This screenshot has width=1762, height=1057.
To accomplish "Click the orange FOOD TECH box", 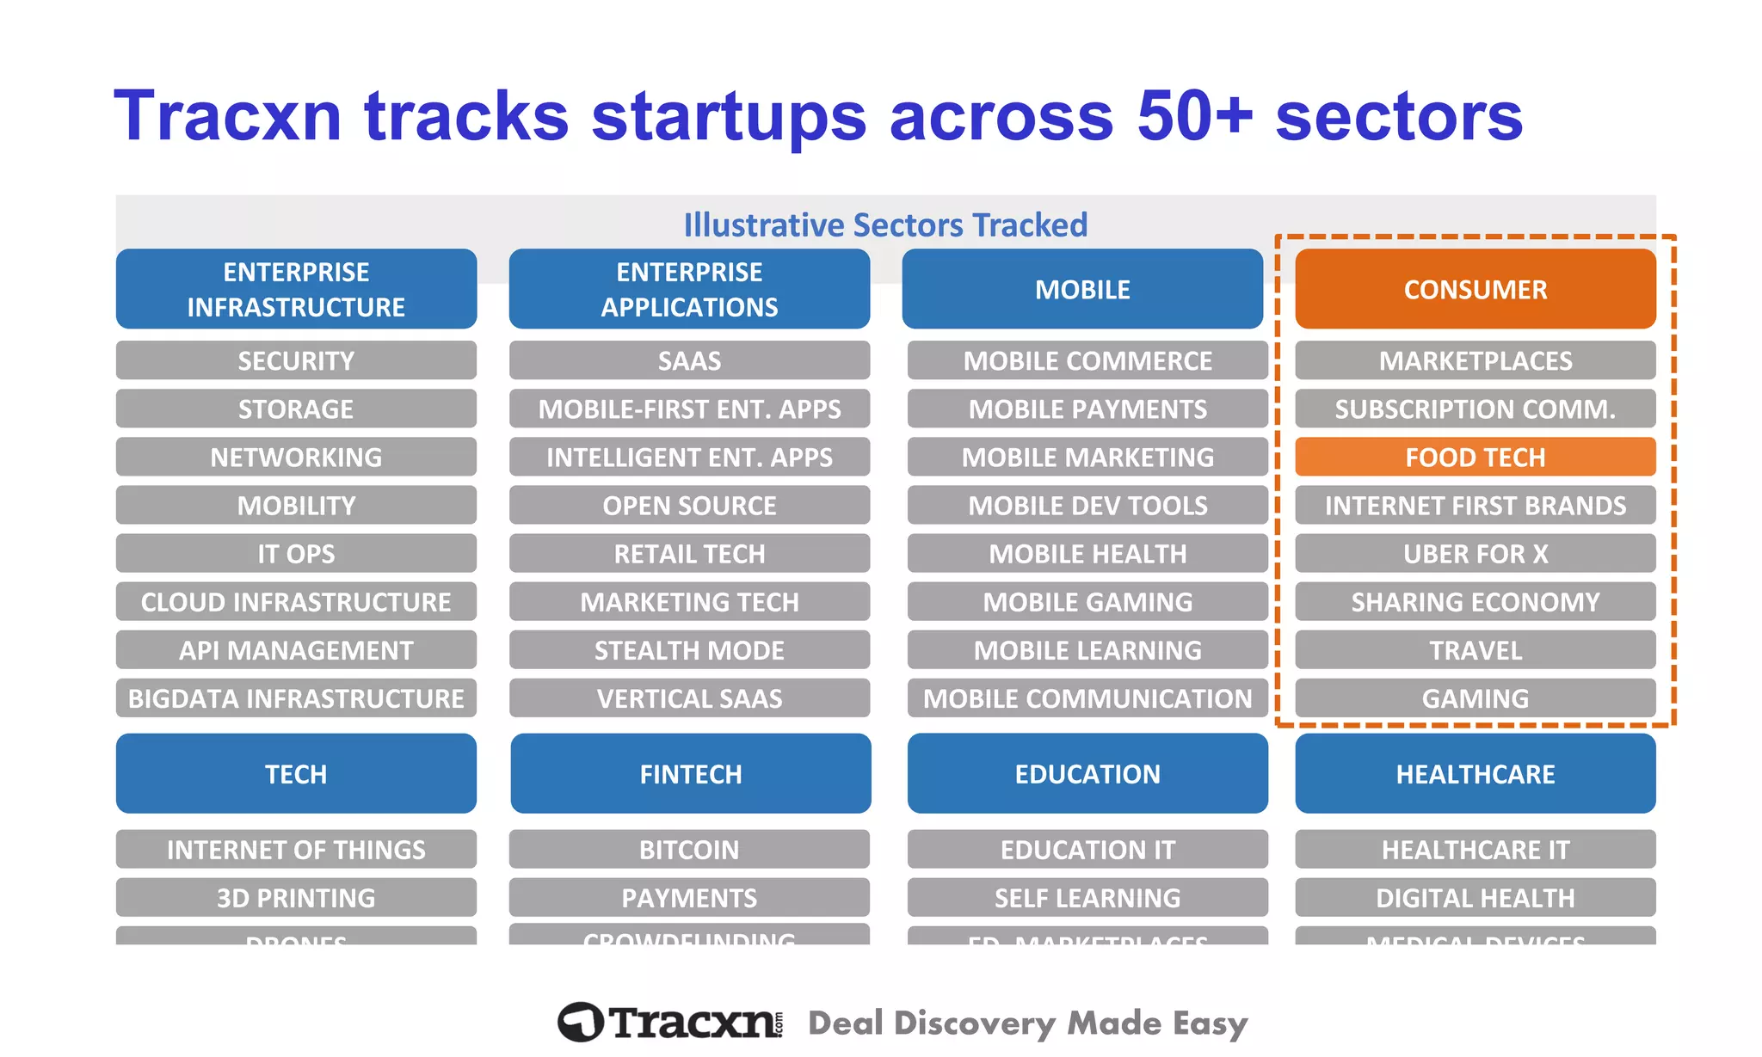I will click(1475, 457).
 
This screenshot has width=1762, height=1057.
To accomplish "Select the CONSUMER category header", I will click(1475, 289).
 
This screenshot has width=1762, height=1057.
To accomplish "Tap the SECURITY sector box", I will click(296, 360).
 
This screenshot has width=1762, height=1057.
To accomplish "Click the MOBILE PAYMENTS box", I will click(1087, 409).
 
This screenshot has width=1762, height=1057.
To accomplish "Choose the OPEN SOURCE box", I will click(689, 505).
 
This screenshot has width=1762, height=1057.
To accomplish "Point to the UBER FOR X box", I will click(1475, 553).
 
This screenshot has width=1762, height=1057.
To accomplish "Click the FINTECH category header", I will click(690, 773).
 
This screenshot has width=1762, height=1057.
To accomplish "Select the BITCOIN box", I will click(689, 849).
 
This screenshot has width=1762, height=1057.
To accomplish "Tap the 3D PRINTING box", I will click(296, 897).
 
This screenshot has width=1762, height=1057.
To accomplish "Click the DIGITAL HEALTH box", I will click(1475, 897).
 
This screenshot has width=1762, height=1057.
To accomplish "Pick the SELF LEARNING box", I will click(1087, 897).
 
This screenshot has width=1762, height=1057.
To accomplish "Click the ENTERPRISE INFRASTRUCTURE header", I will click(296, 289).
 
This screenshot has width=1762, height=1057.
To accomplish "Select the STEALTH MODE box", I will click(689, 649).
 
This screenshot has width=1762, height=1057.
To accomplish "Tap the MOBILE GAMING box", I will click(1087, 601).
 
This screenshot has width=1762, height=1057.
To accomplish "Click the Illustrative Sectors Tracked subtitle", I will click(885, 224).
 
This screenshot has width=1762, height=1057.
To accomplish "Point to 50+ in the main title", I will click(1194, 116).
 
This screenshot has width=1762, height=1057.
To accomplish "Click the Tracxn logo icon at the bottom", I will click(581, 1022).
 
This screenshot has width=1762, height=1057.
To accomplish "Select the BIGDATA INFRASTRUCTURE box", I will click(296, 697).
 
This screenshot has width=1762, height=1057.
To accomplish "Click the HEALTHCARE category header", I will click(1475, 773).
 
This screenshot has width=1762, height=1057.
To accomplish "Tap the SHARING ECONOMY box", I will click(1475, 601).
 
